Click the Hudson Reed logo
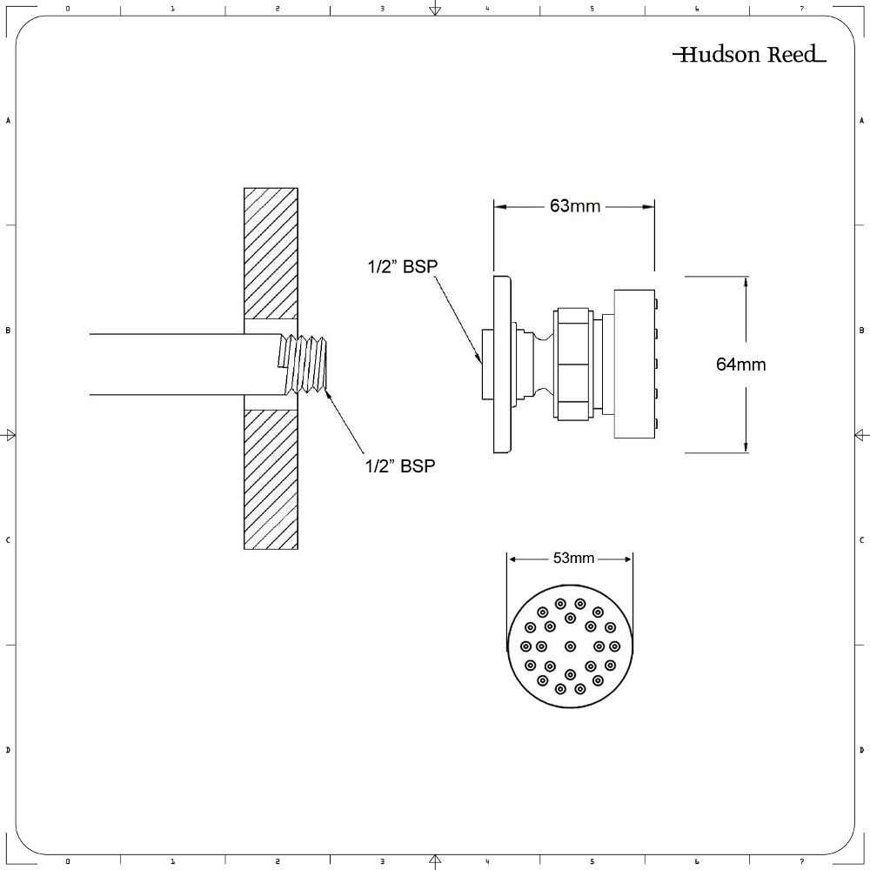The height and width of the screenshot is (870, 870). pyautogui.click(x=749, y=55)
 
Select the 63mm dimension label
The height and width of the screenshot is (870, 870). pyautogui.click(x=574, y=206)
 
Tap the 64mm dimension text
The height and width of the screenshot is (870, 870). pyautogui.click(x=740, y=365)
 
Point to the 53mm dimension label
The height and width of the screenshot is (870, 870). pyautogui.click(x=573, y=558)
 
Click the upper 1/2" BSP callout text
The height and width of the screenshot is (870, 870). pyautogui.click(x=400, y=267)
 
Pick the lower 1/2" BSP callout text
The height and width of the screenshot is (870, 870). pyautogui.click(x=400, y=466)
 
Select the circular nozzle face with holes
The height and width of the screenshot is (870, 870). pyautogui.click(x=570, y=646)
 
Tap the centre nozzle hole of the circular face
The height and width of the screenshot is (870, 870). pyautogui.click(x=570, y=646)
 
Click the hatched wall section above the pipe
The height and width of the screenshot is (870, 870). pyautogui.click(x=271, y=253)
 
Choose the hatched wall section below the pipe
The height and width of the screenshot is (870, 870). pyautogui.click(x=271, y=478)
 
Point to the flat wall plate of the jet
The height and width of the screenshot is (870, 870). pyautogui.click(x=501, y=365)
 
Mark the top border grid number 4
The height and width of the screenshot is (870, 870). pyautogui.click(x=487, y=9)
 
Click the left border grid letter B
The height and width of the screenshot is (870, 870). pyautogui.click(x=8, y=331)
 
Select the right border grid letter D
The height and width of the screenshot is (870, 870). pyautogui.click(x=861, y=750)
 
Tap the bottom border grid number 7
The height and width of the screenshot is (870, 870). pyautogui.click(x=801, y=861)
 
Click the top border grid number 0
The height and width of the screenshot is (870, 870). pyautogui.click(x=68, y=9)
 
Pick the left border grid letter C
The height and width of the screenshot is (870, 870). pyautogui.click(x=8, y=540)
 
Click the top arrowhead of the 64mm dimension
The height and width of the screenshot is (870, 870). pyautogui.click(x=746, y=281)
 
